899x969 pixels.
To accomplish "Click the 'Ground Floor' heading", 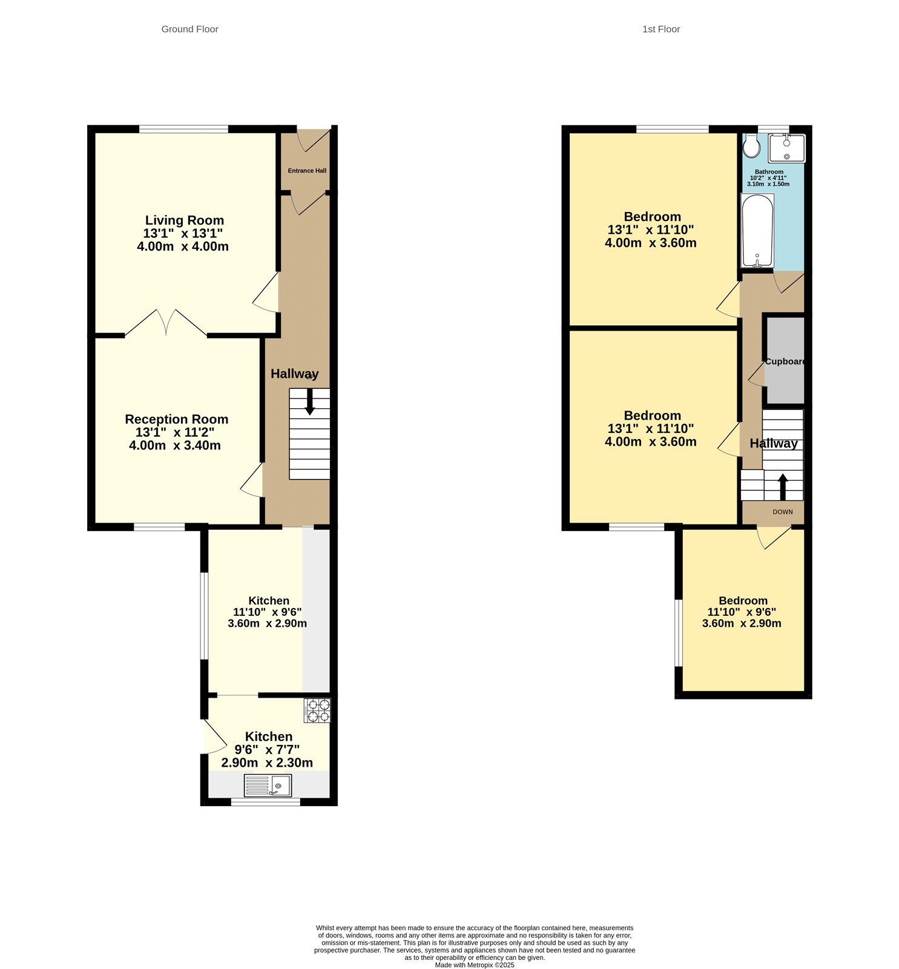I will tap(189, 29).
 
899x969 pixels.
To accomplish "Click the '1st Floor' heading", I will tap(660, 29).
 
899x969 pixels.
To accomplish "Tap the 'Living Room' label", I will tap(184, 220).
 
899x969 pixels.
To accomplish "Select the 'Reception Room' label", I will tap(176, 419).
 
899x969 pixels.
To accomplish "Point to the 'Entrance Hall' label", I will tap(307, 171).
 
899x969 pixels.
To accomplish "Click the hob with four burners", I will tap(317, 711).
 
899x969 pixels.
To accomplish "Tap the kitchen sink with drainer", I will tap(268, 785).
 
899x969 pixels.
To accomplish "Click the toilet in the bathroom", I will tap(751, 145).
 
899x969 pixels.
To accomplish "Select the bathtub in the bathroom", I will tap(757, 230).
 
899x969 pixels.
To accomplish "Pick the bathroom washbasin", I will tap(786, 148).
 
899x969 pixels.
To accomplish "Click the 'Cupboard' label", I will tap(785, 362).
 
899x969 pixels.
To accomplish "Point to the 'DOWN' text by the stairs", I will tap(782, 512).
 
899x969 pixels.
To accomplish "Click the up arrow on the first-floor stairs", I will tap(782, 486).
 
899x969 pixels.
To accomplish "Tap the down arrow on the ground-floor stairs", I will tap(310, 402).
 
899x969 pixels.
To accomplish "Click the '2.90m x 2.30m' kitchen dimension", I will tap(267, 762).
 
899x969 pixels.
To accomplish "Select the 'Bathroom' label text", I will tap(769, 172).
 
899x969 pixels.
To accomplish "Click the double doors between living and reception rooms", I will tap(166, 323).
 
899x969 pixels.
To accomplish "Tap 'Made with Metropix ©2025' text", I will tap(475, 965).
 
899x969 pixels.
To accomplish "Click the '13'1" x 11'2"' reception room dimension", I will tap(175, 432).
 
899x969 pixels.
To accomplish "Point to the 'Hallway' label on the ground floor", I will tap(294, 374).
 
